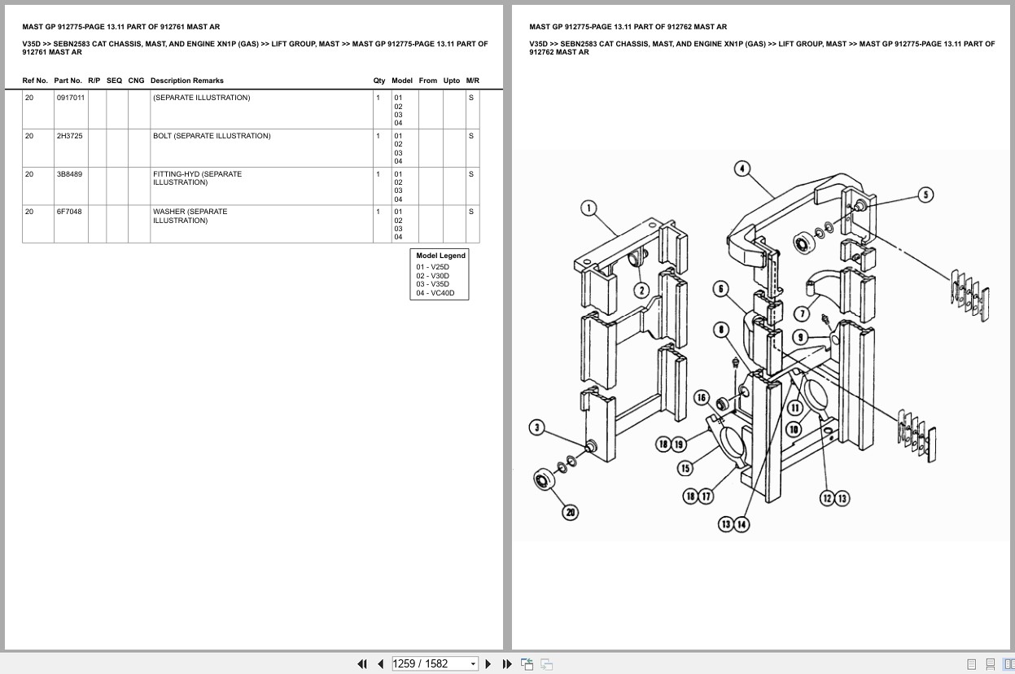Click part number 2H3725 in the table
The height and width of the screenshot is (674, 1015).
coord(69,136)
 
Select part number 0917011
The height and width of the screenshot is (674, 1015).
coord(69,98)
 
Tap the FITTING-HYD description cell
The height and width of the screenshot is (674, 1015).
coord(197,178)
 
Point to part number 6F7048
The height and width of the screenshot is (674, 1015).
coord(68,212)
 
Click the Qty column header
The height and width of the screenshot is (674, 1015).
coord(379,81)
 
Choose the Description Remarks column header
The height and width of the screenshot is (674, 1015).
coord(186,81)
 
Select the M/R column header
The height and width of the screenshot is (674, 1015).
coord(472,81)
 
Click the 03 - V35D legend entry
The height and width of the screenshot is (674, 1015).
coord(432,284)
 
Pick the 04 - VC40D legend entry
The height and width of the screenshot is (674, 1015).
coord(435,293)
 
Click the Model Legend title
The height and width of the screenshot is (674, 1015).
coord(440,256)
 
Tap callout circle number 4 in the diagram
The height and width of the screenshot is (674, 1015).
coord(742,169)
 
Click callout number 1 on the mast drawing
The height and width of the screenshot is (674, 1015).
coord(589,208)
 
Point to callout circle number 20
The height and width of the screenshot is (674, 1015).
coord(571,512)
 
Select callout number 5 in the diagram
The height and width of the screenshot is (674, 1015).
coord(925,195)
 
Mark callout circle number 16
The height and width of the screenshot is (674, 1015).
coord(701,397)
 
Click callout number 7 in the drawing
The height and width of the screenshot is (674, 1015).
coord(802,313)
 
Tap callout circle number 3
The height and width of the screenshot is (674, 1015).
coord(536,427)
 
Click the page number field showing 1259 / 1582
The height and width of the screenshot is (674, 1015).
coord(435,663)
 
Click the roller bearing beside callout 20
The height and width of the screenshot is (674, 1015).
coord(543,479)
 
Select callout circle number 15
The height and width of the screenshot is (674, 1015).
coord(685,468)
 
